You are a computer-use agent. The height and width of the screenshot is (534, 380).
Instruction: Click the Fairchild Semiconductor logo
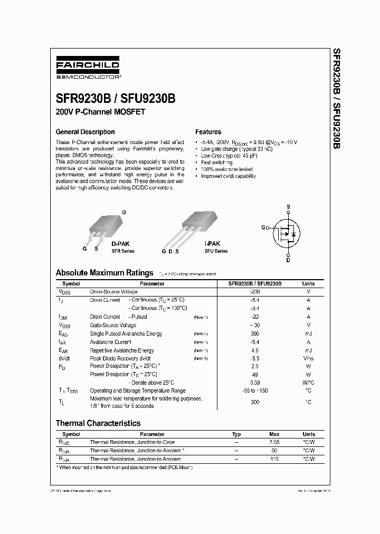88,69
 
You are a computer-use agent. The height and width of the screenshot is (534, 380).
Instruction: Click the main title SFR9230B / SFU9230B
116,99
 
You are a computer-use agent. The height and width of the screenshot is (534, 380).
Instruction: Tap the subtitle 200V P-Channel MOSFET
100,112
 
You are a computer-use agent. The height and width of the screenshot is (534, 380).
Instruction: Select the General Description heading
85,132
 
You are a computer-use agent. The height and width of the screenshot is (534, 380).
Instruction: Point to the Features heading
208,132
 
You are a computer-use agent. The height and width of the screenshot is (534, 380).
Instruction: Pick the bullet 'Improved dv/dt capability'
228,176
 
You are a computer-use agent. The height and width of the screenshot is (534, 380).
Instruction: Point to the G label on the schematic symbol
263,227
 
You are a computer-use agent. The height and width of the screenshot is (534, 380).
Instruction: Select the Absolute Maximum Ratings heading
104,273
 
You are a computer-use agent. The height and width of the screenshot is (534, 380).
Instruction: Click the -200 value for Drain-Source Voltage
255,292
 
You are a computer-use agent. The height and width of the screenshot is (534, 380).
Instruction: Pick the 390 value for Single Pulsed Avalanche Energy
255,334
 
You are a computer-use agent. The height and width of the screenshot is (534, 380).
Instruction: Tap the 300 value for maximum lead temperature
255,402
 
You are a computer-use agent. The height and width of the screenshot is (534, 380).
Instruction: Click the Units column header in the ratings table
308,283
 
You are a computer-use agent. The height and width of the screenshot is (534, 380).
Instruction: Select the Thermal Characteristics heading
98,423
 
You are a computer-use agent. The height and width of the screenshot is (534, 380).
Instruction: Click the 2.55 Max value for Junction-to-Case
274,443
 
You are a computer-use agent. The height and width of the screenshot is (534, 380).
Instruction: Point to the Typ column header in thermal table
236,434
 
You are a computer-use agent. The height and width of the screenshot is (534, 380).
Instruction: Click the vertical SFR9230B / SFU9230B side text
336,98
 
